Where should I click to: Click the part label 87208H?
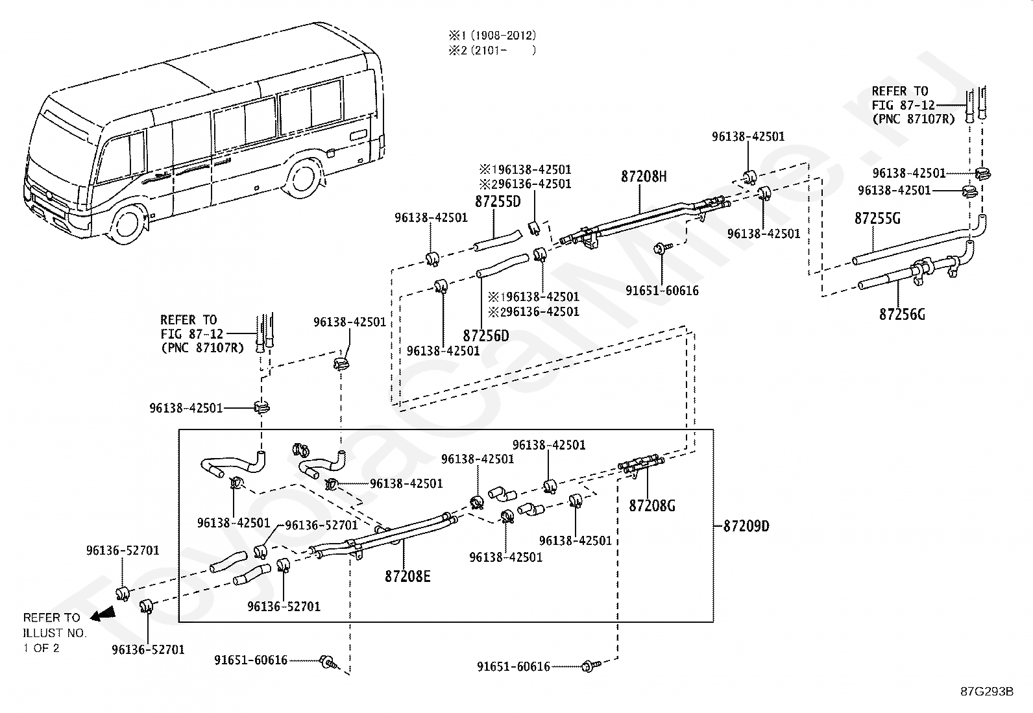click(x=644, y=176)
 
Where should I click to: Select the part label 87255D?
click(x=498, y=201)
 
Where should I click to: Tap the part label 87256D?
click(x=486, y=336)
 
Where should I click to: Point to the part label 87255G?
click(x=877, y=219)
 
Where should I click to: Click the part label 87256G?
click(x=902, y=315)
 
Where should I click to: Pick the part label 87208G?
click(x=651, y=505)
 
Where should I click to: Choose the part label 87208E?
click(x=407, y=576)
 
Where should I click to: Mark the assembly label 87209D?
click(x=746, y=526)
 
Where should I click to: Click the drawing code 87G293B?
click(x=987, y=691)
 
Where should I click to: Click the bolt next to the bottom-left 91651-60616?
click(x=328, y=662)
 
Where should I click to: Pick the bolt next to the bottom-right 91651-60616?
click(x=589, y=666)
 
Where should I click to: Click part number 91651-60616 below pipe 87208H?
click(x=662, y=291)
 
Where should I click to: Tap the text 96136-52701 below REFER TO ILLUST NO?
click(x=148, y=649)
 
